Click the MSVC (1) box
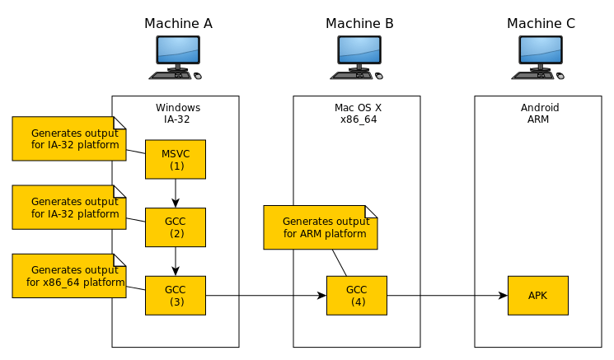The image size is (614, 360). [175, 159]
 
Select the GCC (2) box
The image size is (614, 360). [175, 227]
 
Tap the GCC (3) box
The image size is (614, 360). [175, 295]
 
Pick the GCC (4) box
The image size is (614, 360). [356, 295]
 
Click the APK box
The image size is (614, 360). [537, 295]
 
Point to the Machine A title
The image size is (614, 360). [178, 23]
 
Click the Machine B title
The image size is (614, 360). [359, 23]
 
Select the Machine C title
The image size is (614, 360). [541, 23]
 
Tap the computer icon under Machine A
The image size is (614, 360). [176, 58]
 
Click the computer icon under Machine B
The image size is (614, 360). [359, 58]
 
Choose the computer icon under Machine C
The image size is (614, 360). [540, 58]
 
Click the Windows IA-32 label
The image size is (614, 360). [177, 114]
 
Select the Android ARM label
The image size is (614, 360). [540, 114]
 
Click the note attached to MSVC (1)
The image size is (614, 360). [69, 138]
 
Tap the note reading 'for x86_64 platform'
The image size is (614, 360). [69, 276]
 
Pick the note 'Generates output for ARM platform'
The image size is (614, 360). [320, 227]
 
